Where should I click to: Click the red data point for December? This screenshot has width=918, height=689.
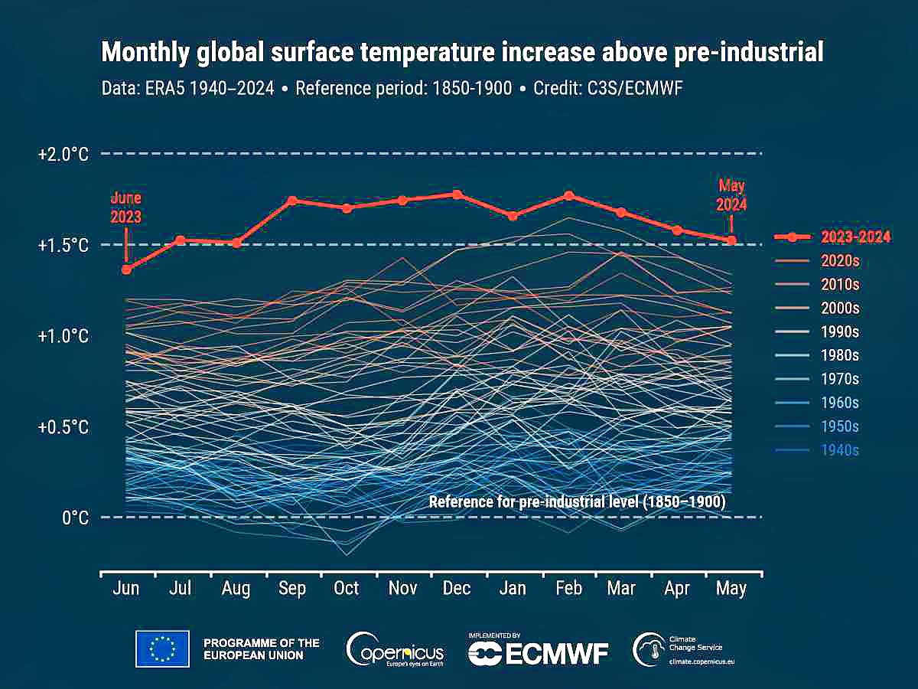point(457,194)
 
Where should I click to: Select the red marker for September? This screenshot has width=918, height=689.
point(292,201)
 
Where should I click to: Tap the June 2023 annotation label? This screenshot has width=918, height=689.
point(125,207)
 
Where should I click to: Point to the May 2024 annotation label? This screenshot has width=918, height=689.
point(731,195)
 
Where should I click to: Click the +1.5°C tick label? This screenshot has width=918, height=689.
point(63,245)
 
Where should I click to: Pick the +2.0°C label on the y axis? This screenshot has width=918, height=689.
point(63,154)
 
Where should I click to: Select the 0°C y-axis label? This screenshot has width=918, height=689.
point(73,518)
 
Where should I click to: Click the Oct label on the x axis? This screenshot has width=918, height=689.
point(347,589)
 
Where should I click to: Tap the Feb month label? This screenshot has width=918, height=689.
point(568,589)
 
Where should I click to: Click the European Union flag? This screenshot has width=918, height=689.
point(162,648)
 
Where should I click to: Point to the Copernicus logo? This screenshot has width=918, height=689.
point(395,651)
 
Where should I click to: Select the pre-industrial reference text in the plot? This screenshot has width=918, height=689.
point(577,502)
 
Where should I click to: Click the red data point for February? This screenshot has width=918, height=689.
point(568,196)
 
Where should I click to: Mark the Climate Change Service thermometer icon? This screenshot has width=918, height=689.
point(647,649)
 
